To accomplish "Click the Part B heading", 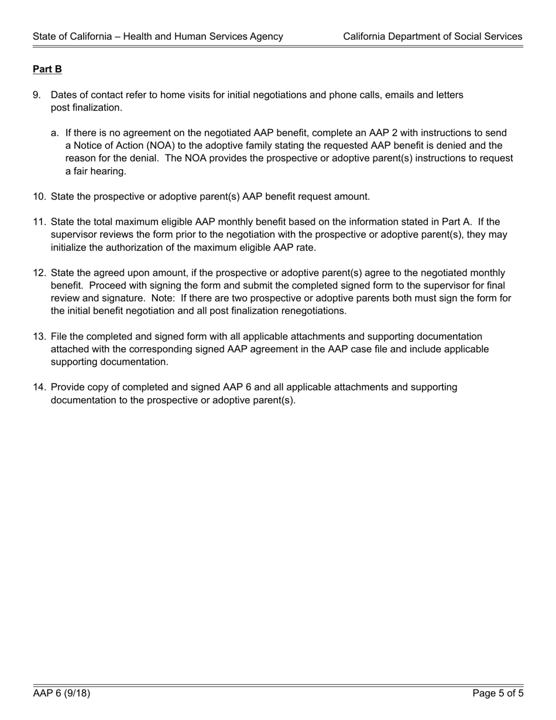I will coord(47,69).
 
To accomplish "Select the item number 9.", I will coord(36,95).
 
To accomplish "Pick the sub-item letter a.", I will coord(54,133).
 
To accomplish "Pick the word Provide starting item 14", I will coord(68,387).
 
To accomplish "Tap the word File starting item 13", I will coord(60,337).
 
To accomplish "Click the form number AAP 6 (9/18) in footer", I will coord(61,694).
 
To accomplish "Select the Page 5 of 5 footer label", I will coord(498,694).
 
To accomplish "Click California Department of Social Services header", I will coord(433,36).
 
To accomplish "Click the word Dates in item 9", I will coord(64,95).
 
